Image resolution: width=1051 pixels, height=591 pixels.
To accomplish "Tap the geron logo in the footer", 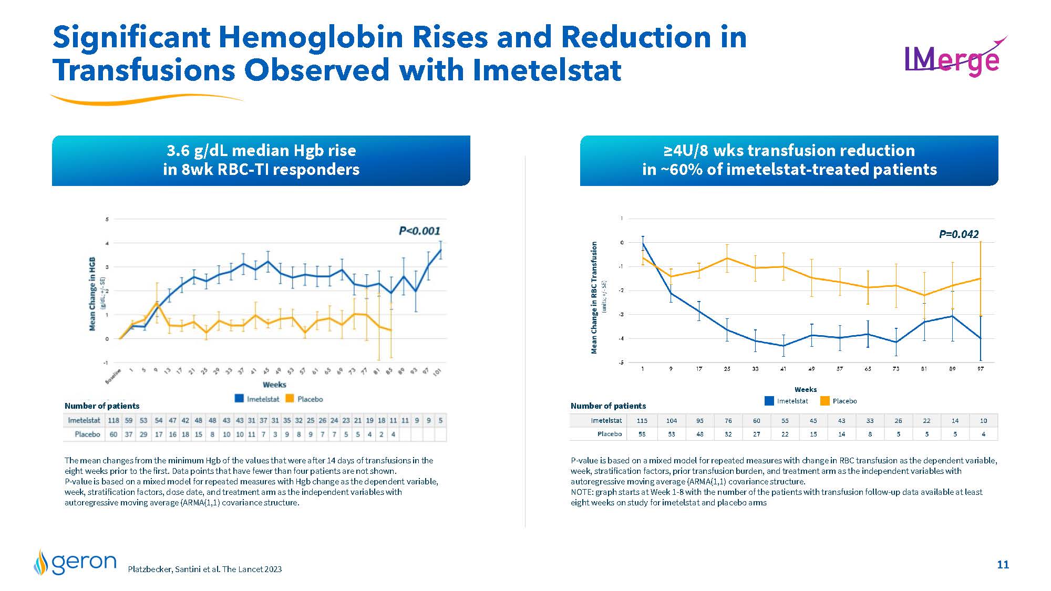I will point(76,563).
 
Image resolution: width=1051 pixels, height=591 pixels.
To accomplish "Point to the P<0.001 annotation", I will point(419,231).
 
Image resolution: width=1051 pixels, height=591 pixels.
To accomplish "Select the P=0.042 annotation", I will point(959,234).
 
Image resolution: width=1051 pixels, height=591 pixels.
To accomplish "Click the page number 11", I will point(1003,565).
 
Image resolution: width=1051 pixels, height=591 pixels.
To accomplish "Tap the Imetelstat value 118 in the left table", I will point(114,421).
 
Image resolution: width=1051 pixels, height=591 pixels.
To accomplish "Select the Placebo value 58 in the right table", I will point(642,434).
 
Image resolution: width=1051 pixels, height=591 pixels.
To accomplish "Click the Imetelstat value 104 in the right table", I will point(671,421).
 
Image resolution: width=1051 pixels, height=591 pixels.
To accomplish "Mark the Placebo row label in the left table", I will point(87,434).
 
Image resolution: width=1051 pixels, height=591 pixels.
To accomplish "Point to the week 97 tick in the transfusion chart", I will point(981,369).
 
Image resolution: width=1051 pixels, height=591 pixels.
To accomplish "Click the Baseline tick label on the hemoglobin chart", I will point(113,376).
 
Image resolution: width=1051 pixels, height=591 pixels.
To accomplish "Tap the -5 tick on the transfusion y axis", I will point(621,363).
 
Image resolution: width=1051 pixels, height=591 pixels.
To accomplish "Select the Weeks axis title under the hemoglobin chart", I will point(274,385).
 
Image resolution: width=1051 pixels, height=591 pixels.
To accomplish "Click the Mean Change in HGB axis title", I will point(92,294).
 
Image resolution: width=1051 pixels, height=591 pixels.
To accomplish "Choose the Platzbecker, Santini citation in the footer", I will point(205,569).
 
